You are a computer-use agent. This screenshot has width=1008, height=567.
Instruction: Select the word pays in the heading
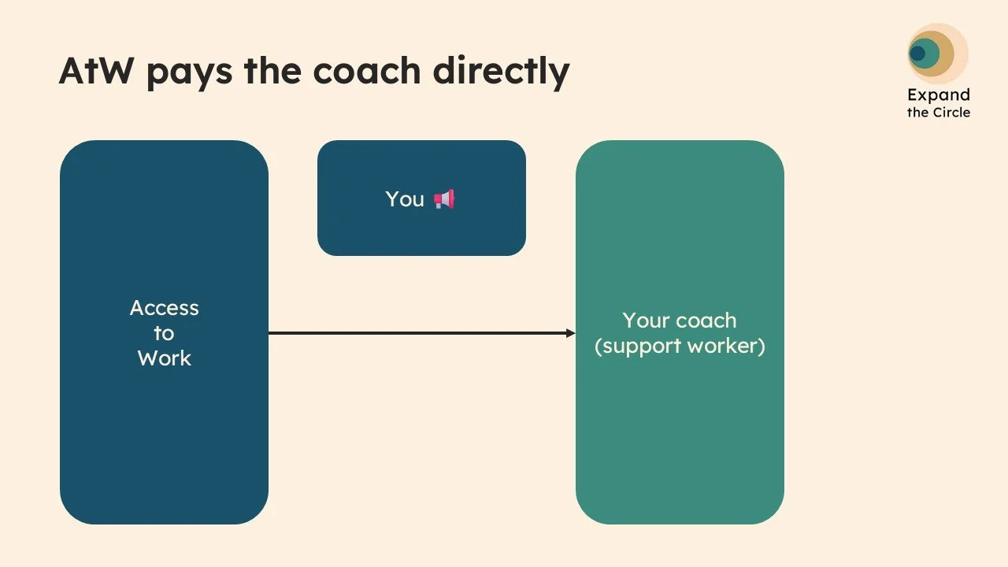click(187, 72)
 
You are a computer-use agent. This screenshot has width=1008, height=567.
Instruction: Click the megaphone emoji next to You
click(444, 199)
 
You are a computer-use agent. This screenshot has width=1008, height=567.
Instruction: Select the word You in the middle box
click(405, 199)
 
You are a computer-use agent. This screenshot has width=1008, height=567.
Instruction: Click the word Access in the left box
click(164, 308)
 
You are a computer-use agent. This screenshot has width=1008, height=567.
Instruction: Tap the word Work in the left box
click(164, 358)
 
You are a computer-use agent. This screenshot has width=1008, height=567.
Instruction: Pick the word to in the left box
click(164, 333)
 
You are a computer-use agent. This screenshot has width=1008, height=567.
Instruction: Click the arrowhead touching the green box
click(571, 333)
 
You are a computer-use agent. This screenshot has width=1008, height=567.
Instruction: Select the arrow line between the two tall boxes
click(417, 333)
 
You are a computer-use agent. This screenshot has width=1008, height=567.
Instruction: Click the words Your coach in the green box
click(680, 321)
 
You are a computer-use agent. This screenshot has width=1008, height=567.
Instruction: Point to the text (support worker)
click(680, 346)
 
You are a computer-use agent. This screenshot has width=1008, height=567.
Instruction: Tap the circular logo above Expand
click(936, 53)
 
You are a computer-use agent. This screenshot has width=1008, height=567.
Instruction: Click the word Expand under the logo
click(938, 95)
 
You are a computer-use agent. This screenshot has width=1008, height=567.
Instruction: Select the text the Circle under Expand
click(938, 113)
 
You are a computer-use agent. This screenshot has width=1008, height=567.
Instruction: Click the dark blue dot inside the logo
click(917, 54)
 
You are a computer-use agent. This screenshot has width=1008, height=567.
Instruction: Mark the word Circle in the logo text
click(951, 113)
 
